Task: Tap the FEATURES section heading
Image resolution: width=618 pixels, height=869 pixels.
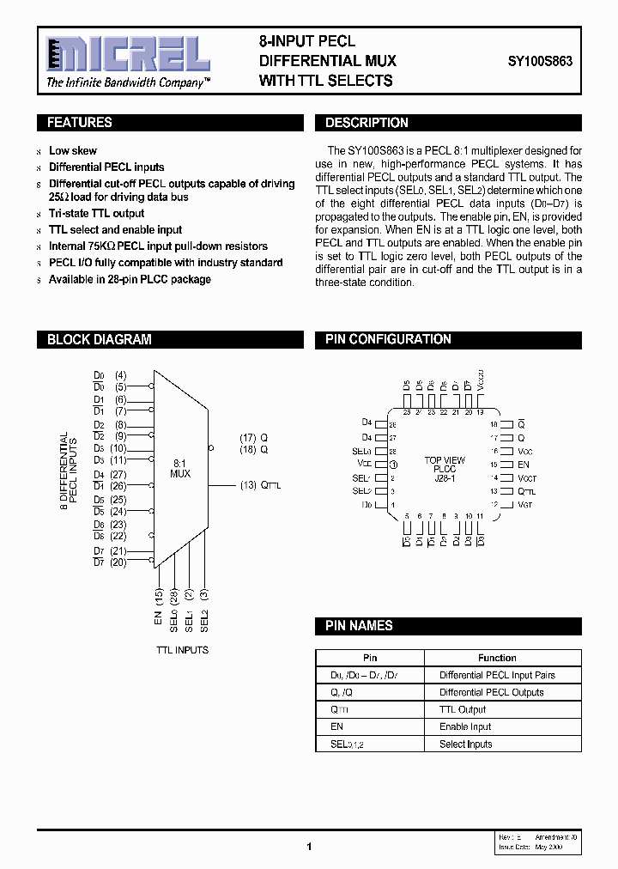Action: [79, 123]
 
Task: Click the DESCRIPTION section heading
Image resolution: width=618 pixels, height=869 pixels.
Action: [367, 123]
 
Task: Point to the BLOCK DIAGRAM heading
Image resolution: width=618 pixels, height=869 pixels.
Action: [99, 339]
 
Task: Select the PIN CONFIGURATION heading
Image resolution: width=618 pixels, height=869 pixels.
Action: [388, 339]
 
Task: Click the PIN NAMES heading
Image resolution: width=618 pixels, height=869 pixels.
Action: [359, 626]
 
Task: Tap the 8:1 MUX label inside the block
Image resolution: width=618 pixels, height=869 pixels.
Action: [180, 468]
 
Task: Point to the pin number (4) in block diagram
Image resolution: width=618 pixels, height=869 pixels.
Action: [120, 375]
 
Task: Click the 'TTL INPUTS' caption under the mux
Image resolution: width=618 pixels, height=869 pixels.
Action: [181, 650]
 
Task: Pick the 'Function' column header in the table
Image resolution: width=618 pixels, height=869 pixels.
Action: [497, 658]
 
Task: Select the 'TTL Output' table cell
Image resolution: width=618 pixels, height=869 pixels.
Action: [463, 709]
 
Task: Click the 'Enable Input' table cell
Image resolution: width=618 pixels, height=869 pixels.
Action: [465, 726]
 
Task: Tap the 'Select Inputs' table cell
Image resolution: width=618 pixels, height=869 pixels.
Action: [466, 744]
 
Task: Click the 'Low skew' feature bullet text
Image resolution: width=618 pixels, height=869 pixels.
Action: [73, 150]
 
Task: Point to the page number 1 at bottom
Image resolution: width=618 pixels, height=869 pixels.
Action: [308, 847]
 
